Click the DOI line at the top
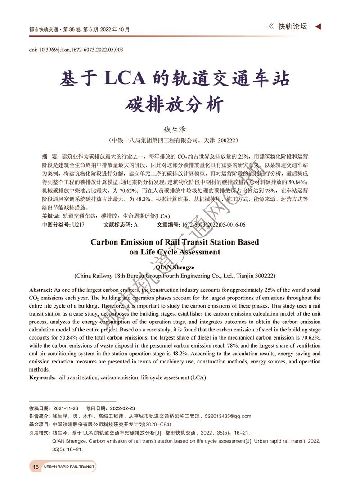coord(76,50)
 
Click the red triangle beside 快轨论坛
coord(318,27)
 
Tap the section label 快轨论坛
coord(292,27)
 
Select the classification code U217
coord(78,224)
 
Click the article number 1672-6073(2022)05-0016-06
coord(213,224)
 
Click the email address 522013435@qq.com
coord(228,416)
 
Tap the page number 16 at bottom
coord(36,467)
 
